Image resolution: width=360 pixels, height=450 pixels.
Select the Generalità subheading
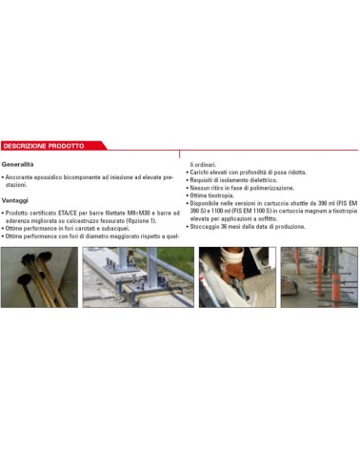[x=21, y=164]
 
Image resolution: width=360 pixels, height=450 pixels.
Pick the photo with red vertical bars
[x=321, y=276]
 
